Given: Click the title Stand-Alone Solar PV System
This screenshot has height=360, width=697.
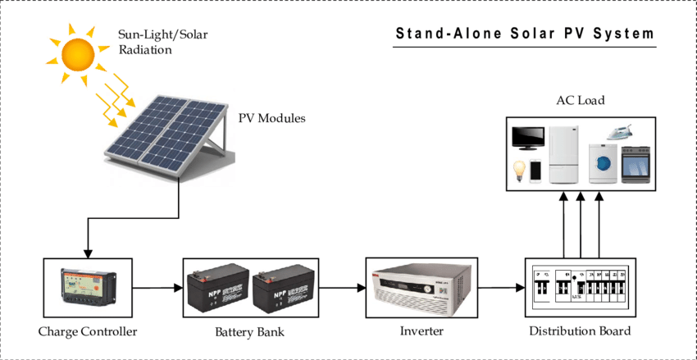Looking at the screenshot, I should (525, 34).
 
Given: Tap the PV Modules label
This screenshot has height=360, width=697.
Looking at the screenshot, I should (271, 119).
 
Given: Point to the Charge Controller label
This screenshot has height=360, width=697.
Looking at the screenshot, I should (88, 332).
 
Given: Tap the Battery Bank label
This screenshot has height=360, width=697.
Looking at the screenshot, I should (250, 332).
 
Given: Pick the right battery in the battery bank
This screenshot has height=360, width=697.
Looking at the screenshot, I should (281, 289).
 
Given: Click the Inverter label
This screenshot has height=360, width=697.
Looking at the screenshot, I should (421, 332).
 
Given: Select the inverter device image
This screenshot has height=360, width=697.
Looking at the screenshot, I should (421, 287).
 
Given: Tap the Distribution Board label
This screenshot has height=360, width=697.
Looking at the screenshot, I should (580, 332).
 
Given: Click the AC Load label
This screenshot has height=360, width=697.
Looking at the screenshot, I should (580, 101).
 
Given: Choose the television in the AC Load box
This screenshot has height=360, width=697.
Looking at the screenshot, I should (529, 137).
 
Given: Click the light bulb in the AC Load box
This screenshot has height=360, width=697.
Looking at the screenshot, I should (518, 170).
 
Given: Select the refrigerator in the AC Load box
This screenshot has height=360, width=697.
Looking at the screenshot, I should (563, 153).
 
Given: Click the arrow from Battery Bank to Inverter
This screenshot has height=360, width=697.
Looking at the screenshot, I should (341, 288).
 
